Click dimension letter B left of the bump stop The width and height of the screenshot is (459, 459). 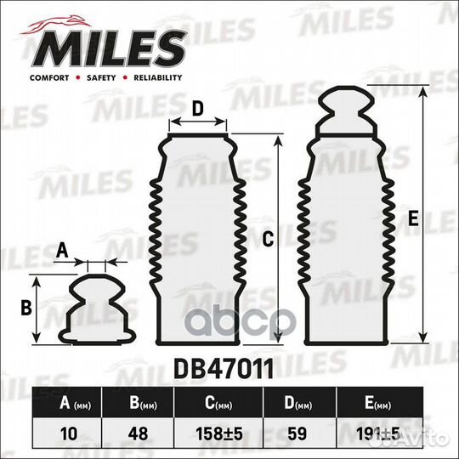pyautogui.click(x=25, y=307)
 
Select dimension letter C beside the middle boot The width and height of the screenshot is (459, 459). pyautogui.click(x=267, y=241)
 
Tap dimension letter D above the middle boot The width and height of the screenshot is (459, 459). pyautogui.click(x=196, y=108)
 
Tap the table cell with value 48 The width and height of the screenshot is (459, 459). pyautogui.click(x=146, y=433)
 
